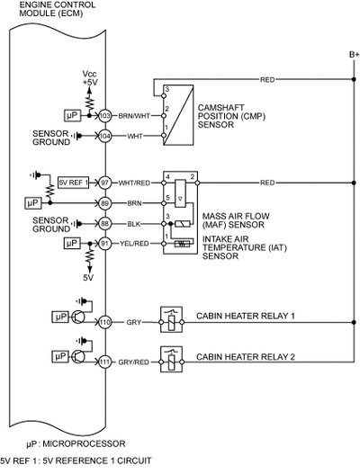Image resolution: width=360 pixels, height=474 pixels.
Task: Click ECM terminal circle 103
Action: click(x=105, y=116)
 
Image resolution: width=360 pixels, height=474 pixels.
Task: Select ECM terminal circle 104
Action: click(x=105, y=136)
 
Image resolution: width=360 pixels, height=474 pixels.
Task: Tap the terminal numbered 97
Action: click(x=105, y=183)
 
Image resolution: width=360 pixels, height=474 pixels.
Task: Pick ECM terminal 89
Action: click(x=105, y=203)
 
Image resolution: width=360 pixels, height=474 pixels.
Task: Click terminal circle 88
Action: click(x=105, y=224)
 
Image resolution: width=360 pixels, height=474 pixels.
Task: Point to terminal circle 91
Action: click(x=105, y=244)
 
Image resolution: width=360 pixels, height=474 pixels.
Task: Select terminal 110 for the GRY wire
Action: click(x=105, y=322)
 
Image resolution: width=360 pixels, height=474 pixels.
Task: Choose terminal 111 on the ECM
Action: click(x=105, y=362)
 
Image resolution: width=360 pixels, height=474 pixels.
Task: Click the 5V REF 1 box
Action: click(x=74, y=183)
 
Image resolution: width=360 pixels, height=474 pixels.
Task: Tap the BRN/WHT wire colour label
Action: click(x=134, y=116)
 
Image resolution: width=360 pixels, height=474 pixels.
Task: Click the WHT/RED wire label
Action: click(x=134, y=183)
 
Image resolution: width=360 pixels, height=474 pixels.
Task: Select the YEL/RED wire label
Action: click(x=134, y=244)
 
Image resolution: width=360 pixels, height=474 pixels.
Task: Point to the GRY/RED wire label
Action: click(x=133, y=362)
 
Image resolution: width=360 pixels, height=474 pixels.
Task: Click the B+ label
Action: click(x=355, y=55)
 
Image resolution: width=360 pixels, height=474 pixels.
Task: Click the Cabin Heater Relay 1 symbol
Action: click(x=172, y=319)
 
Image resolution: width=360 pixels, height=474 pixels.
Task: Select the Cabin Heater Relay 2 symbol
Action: click(x=172, y=359)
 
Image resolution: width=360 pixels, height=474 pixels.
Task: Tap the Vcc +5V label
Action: click(x=90, y=78)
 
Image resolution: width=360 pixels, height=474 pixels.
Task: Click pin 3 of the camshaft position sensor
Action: click(x=164, y=96)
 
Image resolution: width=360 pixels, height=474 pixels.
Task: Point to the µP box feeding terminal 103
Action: click(x=73, y=115)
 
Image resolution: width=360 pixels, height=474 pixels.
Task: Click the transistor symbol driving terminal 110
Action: click(x=78, y=317)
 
